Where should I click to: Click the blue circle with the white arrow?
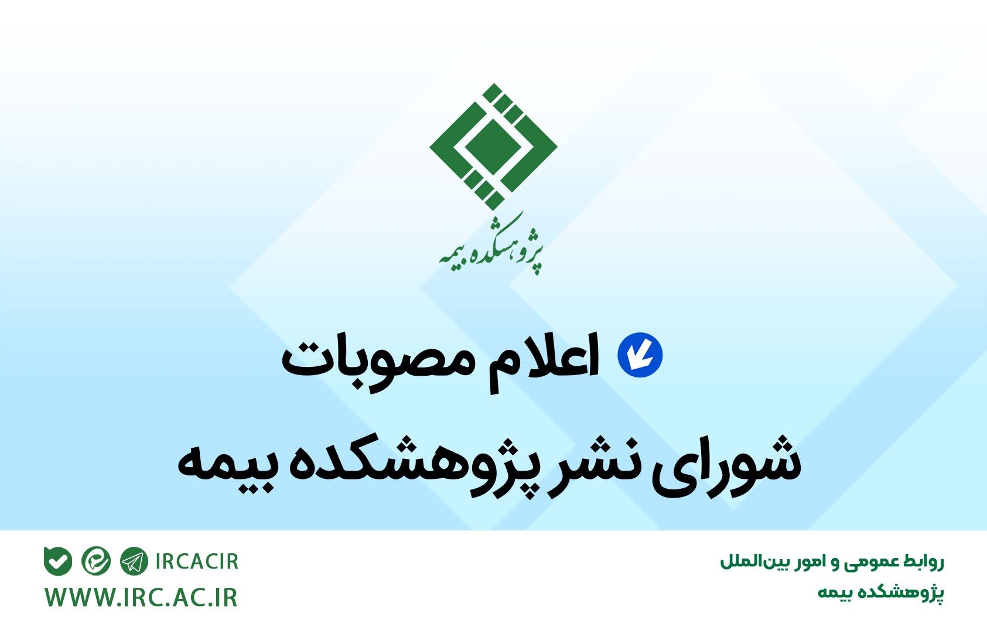tap(640, 355)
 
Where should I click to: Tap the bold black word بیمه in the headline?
tap(224, 467)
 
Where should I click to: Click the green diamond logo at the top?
tap(493, 147)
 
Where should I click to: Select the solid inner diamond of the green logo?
tap(493, 147)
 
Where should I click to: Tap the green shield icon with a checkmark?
tap(58, 561)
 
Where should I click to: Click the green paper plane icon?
tap(134, 561)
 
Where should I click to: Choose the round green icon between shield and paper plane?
tap(96, 561)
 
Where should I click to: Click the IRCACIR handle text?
tap(197, 561)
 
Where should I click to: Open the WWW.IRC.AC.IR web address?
tap(141, 598)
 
